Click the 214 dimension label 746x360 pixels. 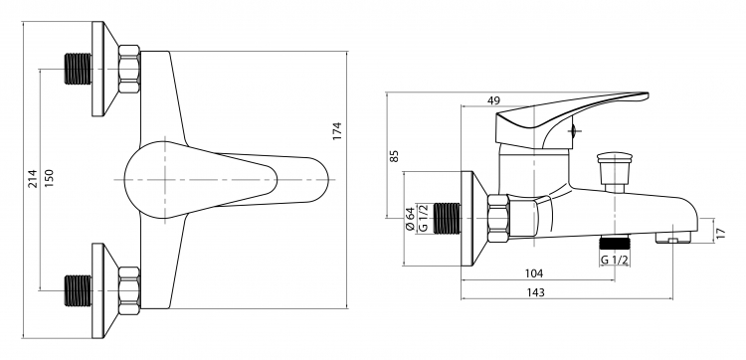click(33, 178)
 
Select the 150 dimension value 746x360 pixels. click(49, 178)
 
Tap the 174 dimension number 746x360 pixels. click(337, 131)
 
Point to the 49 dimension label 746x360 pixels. click(493, 100)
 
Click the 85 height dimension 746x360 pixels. click(394, 156)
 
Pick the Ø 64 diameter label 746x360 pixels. click(410, 219)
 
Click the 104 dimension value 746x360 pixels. click(534, 273)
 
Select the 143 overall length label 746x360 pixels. click(535, 292)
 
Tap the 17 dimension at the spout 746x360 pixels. click(721, 233)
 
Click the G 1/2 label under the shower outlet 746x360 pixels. click(615, 260)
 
